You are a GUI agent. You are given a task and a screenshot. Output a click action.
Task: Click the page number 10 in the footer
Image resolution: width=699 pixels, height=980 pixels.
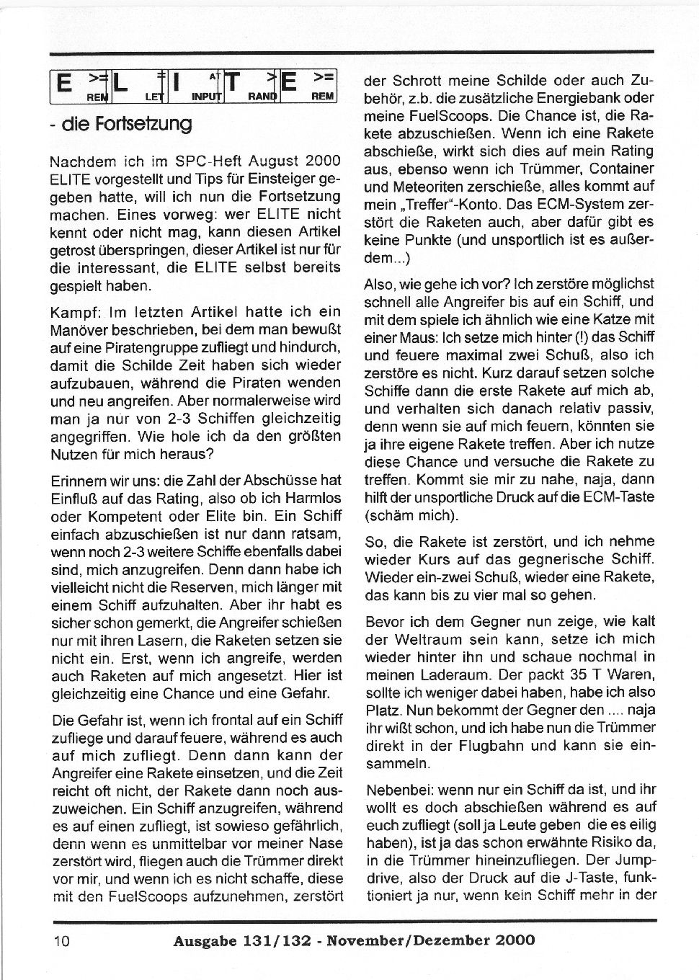pyautogui.click(x=61, y=940)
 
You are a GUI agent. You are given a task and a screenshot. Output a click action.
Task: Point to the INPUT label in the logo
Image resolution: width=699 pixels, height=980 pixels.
pyautogui.click(x=206, y=96)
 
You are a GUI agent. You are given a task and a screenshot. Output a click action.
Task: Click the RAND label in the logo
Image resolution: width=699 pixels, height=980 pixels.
pyautogui.click(x=262, y=96)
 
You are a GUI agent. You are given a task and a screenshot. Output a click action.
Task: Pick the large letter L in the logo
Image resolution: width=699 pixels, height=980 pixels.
pyautogui.click(x=121, y=86)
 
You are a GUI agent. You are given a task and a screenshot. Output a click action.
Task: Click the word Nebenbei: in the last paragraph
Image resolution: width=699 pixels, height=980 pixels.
pyautogui.click(x=399, y=789)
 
